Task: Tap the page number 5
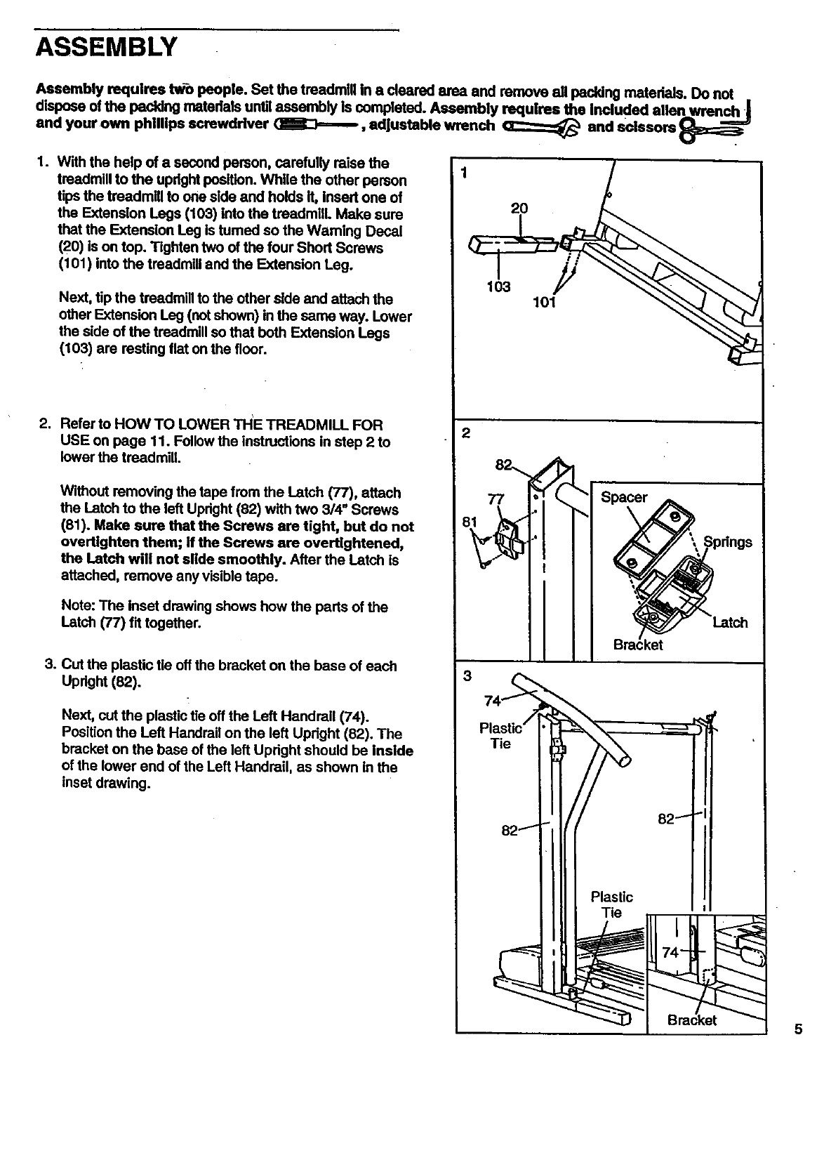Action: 798,1031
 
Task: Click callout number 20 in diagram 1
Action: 519,209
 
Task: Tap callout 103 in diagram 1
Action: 498,286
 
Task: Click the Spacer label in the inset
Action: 624,497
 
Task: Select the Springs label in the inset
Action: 728,542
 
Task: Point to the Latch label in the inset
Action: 730,622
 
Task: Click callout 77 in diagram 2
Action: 496,500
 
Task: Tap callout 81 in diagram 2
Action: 470,522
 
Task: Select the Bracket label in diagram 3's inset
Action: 692,1020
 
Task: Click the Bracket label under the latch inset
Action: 638,645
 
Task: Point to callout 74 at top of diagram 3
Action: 493,701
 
